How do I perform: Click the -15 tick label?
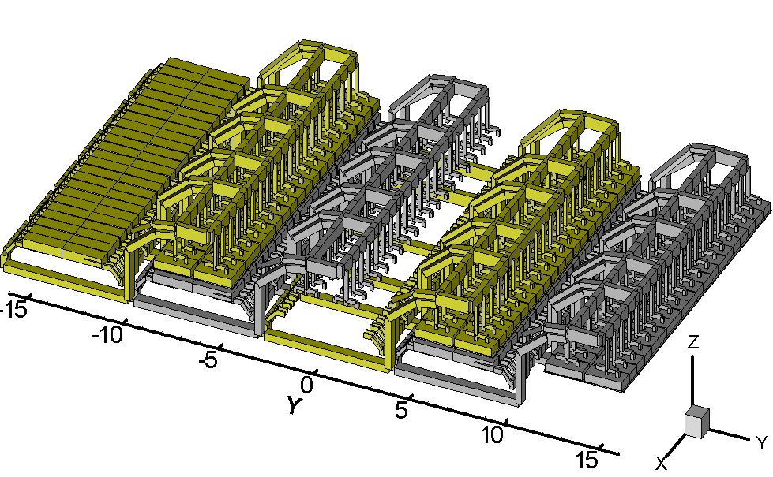[x=13, y=310]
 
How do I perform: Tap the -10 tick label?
[x=107, y=335]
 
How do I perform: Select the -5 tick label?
[x=208, y=360]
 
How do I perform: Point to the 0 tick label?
[x=306, y=385]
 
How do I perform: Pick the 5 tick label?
[x=402, y=409]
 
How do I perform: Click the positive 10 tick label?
[x=492, y=434]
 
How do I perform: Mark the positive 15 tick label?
[x=587, y=460]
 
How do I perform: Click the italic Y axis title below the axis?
[x=294, y=404]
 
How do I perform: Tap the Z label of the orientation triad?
[x=693, y=341]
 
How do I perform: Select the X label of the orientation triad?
[x=662, y=463]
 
